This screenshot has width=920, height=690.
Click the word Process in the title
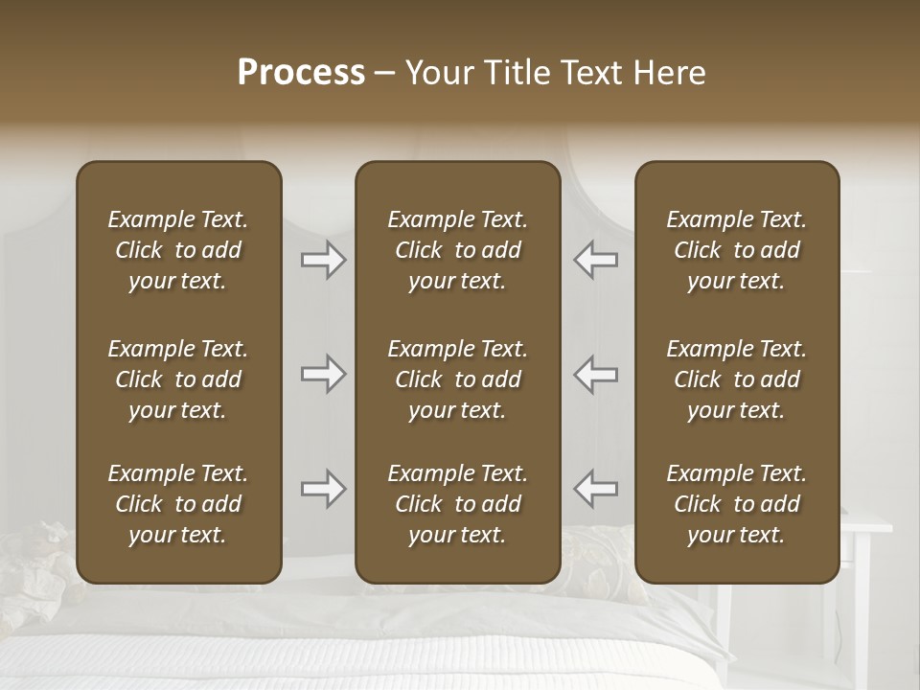[301, 73]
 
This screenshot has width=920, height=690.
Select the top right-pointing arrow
[323, 260]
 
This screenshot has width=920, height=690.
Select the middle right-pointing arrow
[323, 374]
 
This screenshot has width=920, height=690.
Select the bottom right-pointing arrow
[323, 489]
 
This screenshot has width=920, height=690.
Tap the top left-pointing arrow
[596, 260]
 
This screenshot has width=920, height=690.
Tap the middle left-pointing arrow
[596, 374]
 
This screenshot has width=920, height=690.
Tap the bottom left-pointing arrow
[596, 489]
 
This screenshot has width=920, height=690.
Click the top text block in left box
[178, 250]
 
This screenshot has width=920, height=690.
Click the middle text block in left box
[178, 379]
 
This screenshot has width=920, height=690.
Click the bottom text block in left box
[178, 504]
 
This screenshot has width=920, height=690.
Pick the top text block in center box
[457, 250]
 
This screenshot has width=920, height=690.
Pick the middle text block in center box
[457, 379]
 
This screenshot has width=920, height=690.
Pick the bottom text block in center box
[457, 504]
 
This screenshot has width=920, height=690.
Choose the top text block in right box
[736, 250]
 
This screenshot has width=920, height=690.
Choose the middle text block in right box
[736, 379]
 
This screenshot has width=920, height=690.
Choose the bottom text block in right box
[736, 504]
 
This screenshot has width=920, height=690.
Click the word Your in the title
[438, 73]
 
